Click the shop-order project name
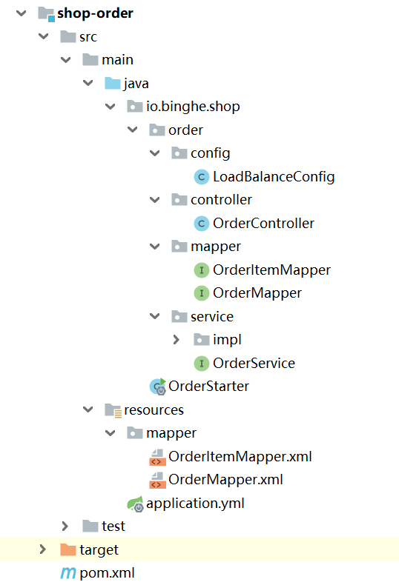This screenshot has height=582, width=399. [95, 13]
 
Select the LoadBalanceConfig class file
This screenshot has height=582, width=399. [274, 177]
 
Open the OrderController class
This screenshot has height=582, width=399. [263, 224]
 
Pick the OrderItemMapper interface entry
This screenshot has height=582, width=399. [271, 270]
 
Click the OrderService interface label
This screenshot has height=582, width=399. [254, 363]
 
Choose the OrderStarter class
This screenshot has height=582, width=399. [208, 387]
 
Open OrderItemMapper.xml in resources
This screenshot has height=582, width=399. [240, 457]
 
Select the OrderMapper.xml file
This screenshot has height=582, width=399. [225, 480]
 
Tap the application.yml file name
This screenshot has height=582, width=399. [195, 504]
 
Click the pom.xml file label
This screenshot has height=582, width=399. [107, 573]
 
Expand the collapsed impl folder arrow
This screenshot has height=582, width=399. [177, 340]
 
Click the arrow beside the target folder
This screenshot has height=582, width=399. [43, 549]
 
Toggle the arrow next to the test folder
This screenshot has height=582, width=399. [65, 526]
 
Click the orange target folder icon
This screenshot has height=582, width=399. [68, 549]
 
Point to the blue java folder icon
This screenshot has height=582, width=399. [113, 84]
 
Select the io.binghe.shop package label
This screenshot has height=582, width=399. [193, 107]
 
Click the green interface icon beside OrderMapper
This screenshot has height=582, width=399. [202, 293]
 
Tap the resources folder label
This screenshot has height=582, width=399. [154, 410]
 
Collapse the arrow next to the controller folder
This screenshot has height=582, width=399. [155, 200]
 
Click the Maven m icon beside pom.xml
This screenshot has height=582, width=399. [68, 573]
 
